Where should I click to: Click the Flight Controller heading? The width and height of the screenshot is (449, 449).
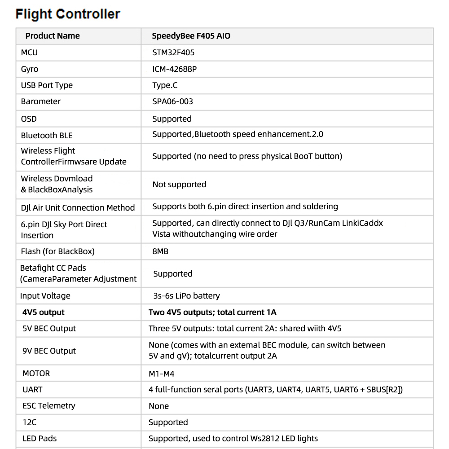pos(68,14)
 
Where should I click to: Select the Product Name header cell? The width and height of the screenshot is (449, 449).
pos(53,36)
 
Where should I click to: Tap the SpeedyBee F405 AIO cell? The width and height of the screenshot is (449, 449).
pos(191,36)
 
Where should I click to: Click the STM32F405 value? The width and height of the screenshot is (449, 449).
pos(173,53)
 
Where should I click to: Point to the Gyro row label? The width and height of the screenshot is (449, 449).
pos(30,69)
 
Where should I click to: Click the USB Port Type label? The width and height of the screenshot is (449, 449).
pos(47,85)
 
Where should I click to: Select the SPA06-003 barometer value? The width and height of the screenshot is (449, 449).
pos(173,101)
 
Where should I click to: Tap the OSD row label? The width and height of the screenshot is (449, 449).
pos(29,119)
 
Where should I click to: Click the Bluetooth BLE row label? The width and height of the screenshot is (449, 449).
pos(47,136)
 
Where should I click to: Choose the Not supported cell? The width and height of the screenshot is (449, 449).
pos(179,185)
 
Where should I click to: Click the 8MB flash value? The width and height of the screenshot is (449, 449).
pos(160,251)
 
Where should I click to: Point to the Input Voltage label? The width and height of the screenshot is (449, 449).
pos(45,296)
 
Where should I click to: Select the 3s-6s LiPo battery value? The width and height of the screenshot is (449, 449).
pos(186,296)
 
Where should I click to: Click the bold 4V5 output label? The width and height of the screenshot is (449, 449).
pos(44,312)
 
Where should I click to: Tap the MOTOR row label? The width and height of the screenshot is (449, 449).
pos(36,373)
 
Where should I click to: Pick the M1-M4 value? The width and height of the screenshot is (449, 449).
pos(162,374)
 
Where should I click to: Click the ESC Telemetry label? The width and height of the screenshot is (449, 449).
pos(49,406)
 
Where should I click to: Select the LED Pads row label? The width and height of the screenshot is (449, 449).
pos(40,438)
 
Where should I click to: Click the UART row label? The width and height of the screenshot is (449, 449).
pos(32,389)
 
